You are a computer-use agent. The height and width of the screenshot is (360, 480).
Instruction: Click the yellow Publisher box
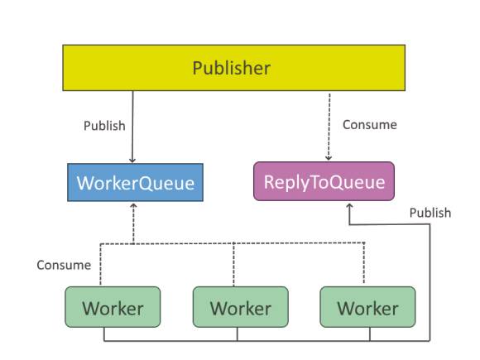[x=234, y=68]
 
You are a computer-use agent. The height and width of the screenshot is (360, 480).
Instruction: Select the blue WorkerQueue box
[x=135, y=182]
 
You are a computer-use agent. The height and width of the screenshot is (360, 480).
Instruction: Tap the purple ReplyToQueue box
[x=324, y=181]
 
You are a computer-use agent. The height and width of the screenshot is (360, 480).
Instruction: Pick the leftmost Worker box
[x=113, y=307]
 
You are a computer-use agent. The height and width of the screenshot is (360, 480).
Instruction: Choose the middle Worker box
[x=240, y=307]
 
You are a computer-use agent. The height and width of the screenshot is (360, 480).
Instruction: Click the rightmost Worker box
[x=367, y=307]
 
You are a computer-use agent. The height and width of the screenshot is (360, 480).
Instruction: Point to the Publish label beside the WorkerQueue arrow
[x=104, y=126]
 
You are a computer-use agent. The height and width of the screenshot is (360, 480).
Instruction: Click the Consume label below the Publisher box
[x=369, y=125]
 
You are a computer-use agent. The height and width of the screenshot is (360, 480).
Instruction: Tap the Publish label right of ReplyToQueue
[x=430, y=213]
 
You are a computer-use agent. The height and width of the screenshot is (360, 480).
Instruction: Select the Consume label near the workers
[x=64, y=265]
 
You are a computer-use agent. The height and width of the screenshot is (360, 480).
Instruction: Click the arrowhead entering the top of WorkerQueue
[x=132, y=161]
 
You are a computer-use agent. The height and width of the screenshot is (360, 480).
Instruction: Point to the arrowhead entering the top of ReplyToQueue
[x=329, y=158]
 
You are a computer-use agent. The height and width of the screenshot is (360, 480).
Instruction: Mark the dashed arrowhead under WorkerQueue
[x=133, y=206]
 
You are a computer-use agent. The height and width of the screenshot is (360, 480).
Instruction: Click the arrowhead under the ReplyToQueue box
[x=349, y=206]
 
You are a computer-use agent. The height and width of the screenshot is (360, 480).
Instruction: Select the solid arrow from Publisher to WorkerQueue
[x=132, y=127]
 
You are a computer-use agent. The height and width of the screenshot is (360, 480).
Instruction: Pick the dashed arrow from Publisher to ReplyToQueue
[x=329, y=127]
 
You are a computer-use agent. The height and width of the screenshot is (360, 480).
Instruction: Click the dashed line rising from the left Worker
[x=100, y=265]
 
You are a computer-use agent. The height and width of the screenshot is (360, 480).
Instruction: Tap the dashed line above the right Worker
[x=364, y=262]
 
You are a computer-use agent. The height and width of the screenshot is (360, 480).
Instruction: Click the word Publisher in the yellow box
[x=232, y=68]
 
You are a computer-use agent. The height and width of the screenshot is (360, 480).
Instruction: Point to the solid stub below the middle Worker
[x=238, y=334]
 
